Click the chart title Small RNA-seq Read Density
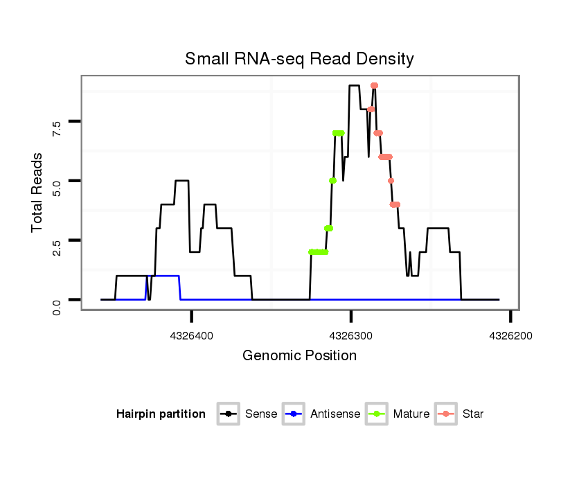(299, 59)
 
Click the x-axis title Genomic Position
(299, 356)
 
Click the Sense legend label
(261, 414)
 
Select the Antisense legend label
(335, 414)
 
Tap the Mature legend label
(411, 414)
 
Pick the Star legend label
(473, 414)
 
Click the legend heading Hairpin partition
(161, 414)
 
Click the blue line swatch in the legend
(294, 414)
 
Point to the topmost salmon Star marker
(374, 86)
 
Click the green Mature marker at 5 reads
(332, 181)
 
